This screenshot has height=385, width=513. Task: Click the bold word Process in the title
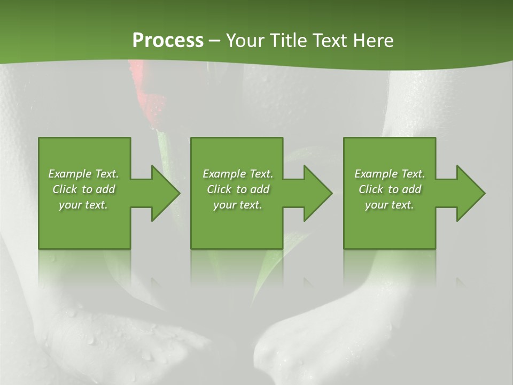pyautogui.click(x=168, y=41)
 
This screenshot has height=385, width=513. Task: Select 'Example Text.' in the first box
pyautogui.click(x=83, y=174)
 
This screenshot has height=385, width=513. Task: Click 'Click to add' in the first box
pyautogui.click(x=83, y=189)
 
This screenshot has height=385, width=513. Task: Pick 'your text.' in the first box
pyautogui.click(x=83, y=205)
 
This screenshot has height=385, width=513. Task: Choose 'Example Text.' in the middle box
pyautogui.click(x=238, y=174)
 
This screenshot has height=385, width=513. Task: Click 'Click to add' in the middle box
pyautogui.click(x=238, y=189)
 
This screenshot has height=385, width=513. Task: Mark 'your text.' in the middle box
pyautogui.click(x=238, y=205)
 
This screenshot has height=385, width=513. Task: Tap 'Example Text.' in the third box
pyautogui.click(x=390, y=174)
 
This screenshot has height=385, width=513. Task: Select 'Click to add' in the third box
pyautogui.click(x=390, y=189)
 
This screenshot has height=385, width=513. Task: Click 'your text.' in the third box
pyautogui.click(x=390, y=205)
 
